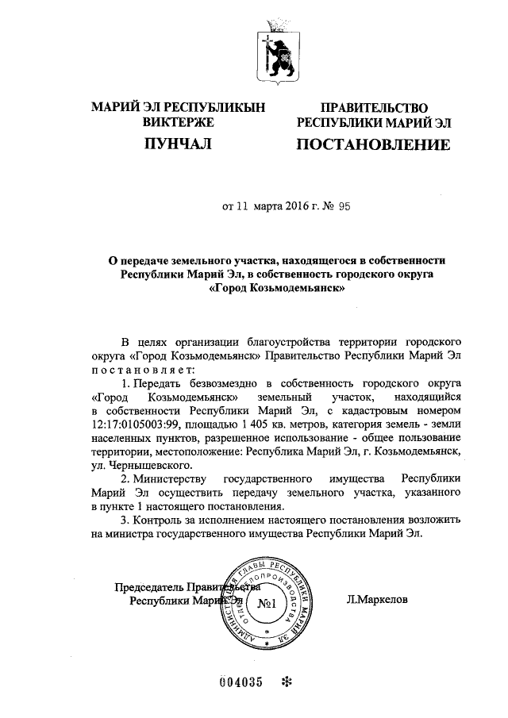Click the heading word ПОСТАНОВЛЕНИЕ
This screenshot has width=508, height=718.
(x=373, y=146)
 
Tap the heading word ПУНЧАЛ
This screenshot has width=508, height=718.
(x=178, y=144)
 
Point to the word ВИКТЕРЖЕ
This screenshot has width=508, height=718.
(x=178, y=123)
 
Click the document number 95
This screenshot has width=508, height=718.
(x=343, y=205)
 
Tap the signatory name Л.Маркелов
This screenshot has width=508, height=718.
(x=375, y=601)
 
